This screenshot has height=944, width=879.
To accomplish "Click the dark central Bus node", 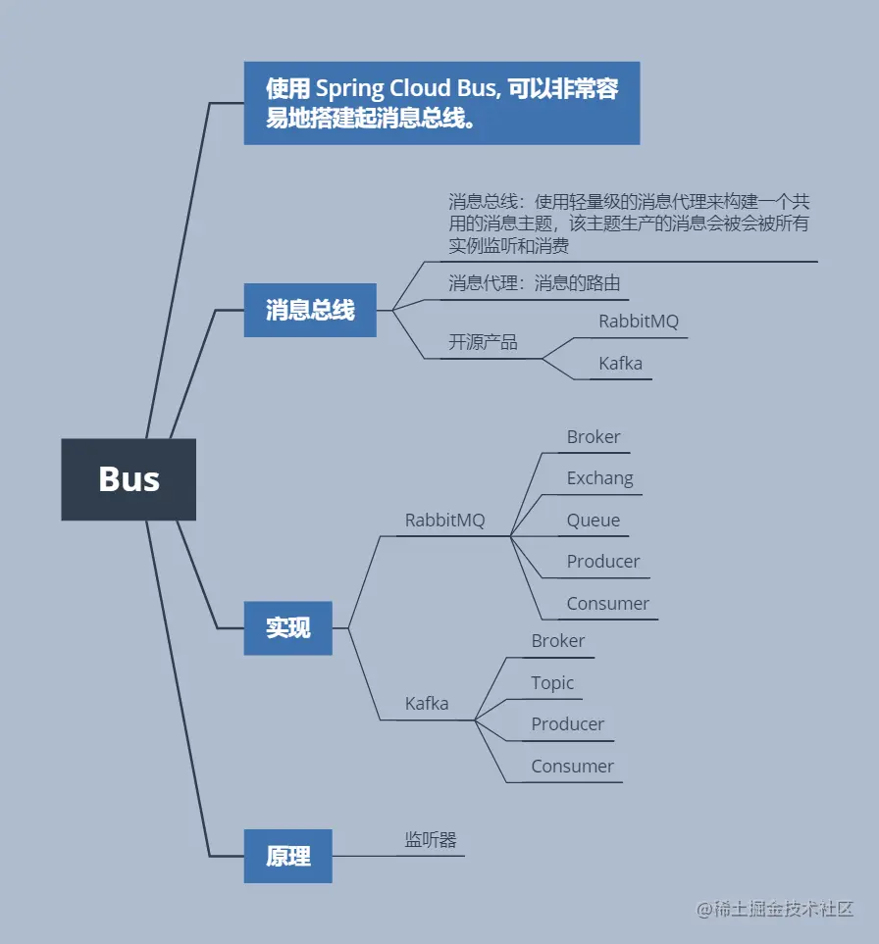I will coord(129,479).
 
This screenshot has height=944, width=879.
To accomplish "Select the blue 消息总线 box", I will coord(310,310).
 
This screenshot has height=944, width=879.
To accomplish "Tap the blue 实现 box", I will coord(287,627).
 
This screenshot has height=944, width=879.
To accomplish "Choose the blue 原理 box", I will coord(287,856).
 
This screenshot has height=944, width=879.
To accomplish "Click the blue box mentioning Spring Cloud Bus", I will coord(441,103).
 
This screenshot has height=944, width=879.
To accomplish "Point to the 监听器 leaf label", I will coord(431,840).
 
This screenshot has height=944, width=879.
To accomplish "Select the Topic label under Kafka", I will coord(552,683).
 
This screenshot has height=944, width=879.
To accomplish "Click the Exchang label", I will coord(599,478).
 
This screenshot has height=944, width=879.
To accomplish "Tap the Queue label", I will coord(593,521).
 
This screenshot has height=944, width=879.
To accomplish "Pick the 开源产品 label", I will coord(483,342).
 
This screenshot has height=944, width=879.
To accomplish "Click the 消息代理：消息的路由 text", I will coord(535,283).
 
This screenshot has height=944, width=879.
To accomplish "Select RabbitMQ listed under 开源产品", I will coord(639,322).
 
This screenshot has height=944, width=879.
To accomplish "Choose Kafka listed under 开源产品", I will coord(620,364).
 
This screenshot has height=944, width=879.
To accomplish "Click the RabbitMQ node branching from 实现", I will coord(444,521).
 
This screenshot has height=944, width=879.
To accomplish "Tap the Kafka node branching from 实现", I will coord(427,704).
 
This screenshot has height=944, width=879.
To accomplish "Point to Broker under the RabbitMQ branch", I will coord(594,437).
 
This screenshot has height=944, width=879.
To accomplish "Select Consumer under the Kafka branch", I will coord(572,767).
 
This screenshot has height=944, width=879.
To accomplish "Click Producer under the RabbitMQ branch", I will coord(602,562).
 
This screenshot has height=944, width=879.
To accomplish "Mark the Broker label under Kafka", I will coord(557,641).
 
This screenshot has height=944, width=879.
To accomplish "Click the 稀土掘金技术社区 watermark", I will coord(775,909).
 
